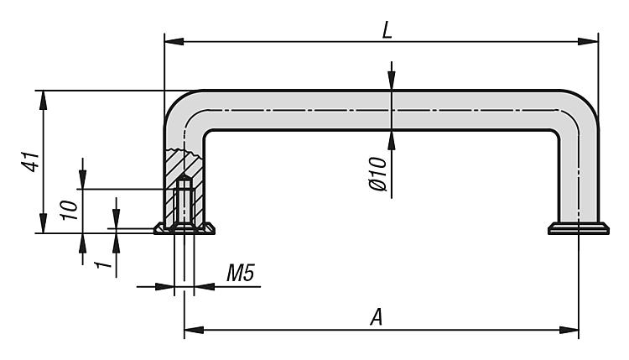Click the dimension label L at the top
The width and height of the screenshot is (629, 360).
coord(387,29)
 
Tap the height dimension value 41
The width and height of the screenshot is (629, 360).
coord(31,161)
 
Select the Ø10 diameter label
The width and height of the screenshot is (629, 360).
coord(377,174)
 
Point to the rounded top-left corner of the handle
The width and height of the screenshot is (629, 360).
coord(184,108)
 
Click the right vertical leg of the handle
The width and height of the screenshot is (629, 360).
coord(578,176)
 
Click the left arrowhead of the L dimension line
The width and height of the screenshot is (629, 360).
coord(170,39)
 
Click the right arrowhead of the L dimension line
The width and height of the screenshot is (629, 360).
coord(592,39)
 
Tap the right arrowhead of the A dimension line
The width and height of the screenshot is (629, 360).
coord(573,330)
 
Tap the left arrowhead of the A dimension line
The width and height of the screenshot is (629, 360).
coord(190,330)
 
